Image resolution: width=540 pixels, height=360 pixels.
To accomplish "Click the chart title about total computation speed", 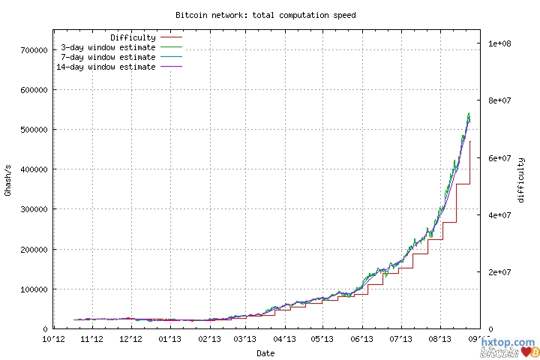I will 265,14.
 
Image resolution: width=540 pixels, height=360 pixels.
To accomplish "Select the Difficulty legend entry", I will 133,37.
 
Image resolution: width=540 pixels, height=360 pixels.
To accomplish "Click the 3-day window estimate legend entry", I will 108,47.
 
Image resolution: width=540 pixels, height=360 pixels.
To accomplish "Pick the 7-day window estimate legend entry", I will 108,57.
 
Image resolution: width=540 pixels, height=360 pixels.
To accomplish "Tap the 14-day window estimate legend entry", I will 106,67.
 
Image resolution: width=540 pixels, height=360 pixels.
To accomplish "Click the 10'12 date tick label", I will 53,339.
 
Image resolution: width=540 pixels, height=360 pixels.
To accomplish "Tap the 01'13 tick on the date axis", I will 169,339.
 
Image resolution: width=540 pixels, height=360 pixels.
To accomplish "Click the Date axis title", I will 265,352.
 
